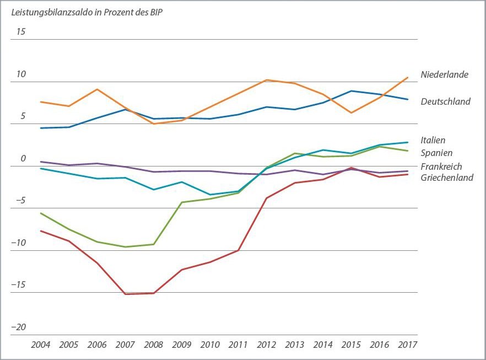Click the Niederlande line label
444,74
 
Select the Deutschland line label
445,101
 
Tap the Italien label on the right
433,141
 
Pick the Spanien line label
436,153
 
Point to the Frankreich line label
441,166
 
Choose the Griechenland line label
446,178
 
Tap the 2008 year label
153,345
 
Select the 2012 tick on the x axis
267,345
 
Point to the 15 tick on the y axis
21,31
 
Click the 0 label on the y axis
23,159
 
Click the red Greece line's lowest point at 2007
125,294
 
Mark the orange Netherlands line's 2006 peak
97,89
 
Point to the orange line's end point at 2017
408,78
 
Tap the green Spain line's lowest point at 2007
125,247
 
